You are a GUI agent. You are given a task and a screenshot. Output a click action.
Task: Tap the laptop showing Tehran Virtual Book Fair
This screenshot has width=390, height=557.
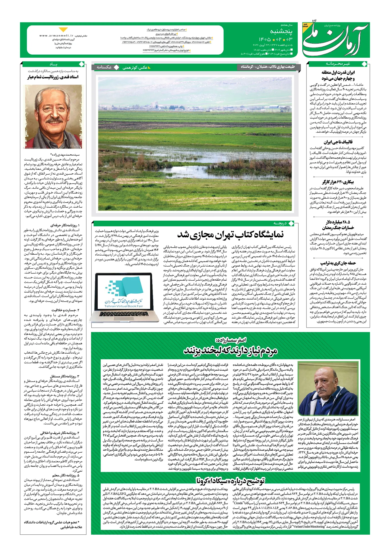[x=127, y=297]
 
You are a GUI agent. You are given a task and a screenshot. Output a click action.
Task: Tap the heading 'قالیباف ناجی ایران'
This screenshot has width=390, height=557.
[x=338, y=142]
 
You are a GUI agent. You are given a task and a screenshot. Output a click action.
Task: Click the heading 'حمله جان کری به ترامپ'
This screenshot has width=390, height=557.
[x=338, y=263]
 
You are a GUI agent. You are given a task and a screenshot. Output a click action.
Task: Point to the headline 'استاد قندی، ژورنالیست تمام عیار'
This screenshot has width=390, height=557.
[x=53, y=77]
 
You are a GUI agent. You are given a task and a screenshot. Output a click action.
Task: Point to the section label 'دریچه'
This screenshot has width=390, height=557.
[x=280, y=223]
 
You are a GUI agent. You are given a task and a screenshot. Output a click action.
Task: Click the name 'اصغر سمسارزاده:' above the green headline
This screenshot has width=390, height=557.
[x=230, y=340]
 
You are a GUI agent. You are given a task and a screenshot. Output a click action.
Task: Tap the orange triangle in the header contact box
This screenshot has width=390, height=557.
[x=63, y=30]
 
